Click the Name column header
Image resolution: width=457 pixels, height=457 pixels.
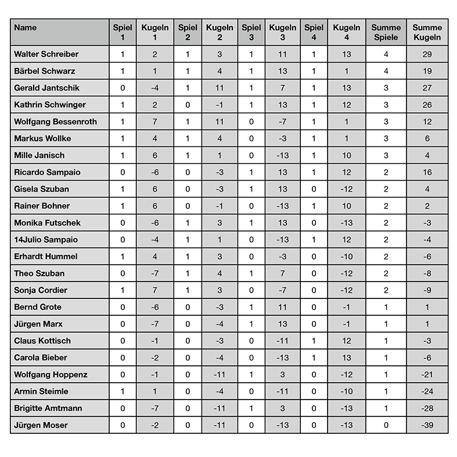point(25,28)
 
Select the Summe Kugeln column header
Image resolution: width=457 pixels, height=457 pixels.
point(427,33)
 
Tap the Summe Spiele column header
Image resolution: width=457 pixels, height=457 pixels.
point(386,33)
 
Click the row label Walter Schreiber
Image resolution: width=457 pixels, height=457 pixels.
point(46,54)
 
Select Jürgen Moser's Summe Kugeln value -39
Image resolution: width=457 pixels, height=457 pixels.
point(427,425)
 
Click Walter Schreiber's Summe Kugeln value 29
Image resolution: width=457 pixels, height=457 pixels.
point(427,54)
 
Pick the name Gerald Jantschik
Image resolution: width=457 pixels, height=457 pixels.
point(46,88)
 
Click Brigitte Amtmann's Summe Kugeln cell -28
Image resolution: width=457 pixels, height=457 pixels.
point(427,408)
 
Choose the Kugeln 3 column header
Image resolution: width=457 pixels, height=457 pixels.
point(282,33)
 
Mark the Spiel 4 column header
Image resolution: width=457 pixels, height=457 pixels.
point(314,33)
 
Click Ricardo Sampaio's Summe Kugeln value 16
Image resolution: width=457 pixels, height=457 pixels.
point(427,172)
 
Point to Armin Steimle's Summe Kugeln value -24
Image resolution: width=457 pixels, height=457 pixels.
point(427,391)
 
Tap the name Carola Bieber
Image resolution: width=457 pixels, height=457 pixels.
point(41,358)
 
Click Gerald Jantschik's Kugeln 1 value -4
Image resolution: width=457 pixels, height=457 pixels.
point(155,88)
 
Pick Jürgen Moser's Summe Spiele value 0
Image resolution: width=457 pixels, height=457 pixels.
point(386,425)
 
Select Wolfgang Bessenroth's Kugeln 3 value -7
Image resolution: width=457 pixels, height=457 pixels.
point(282,122)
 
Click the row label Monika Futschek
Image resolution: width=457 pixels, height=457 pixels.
point(48,223)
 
